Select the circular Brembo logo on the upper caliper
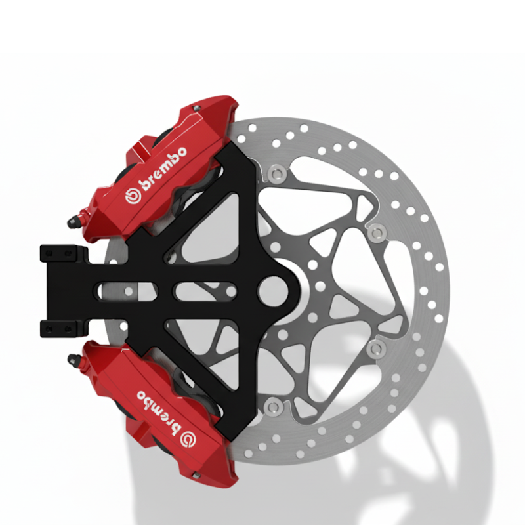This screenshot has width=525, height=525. coord(131,196)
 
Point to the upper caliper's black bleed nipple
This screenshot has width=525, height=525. coord(74,220)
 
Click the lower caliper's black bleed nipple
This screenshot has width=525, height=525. coord(74,358)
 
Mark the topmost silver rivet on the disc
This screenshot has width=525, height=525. coord(275,173)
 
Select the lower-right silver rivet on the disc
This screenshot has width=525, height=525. coord(376,348)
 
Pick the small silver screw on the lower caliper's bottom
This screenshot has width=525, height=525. coord(196,474)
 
